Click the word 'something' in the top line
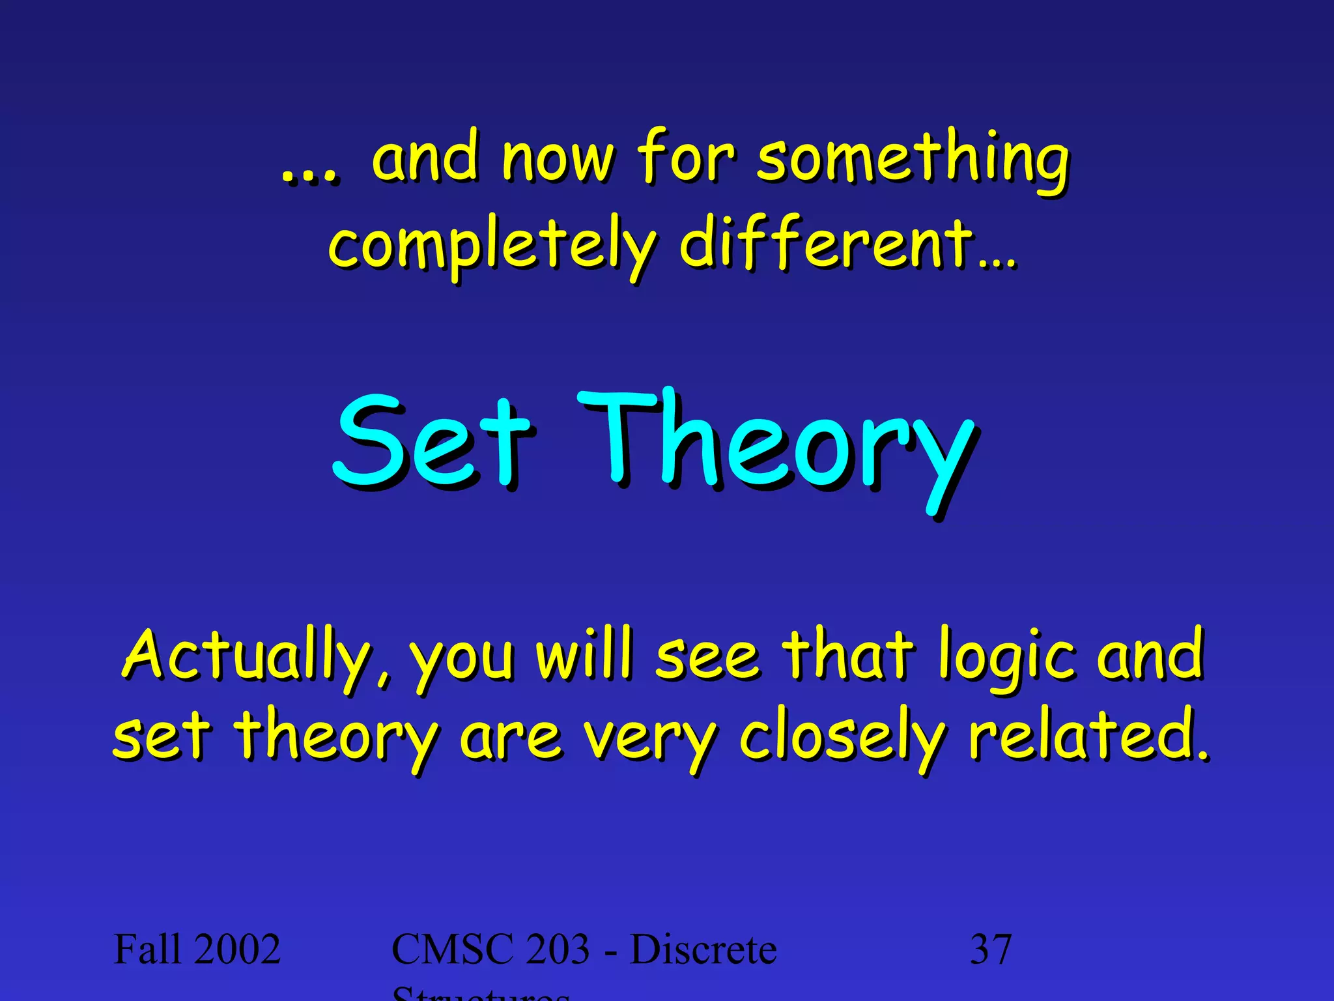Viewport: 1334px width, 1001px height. click(x=912, y=160)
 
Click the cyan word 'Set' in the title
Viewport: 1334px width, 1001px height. click(x=433, y=443)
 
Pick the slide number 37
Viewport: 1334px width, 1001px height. click(x=991, y=949)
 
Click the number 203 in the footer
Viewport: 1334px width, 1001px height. click(x=558, y=949)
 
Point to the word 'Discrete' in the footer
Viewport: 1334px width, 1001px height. click(x=703, y=949)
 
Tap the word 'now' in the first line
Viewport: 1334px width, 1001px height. click(x=557, y=160)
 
